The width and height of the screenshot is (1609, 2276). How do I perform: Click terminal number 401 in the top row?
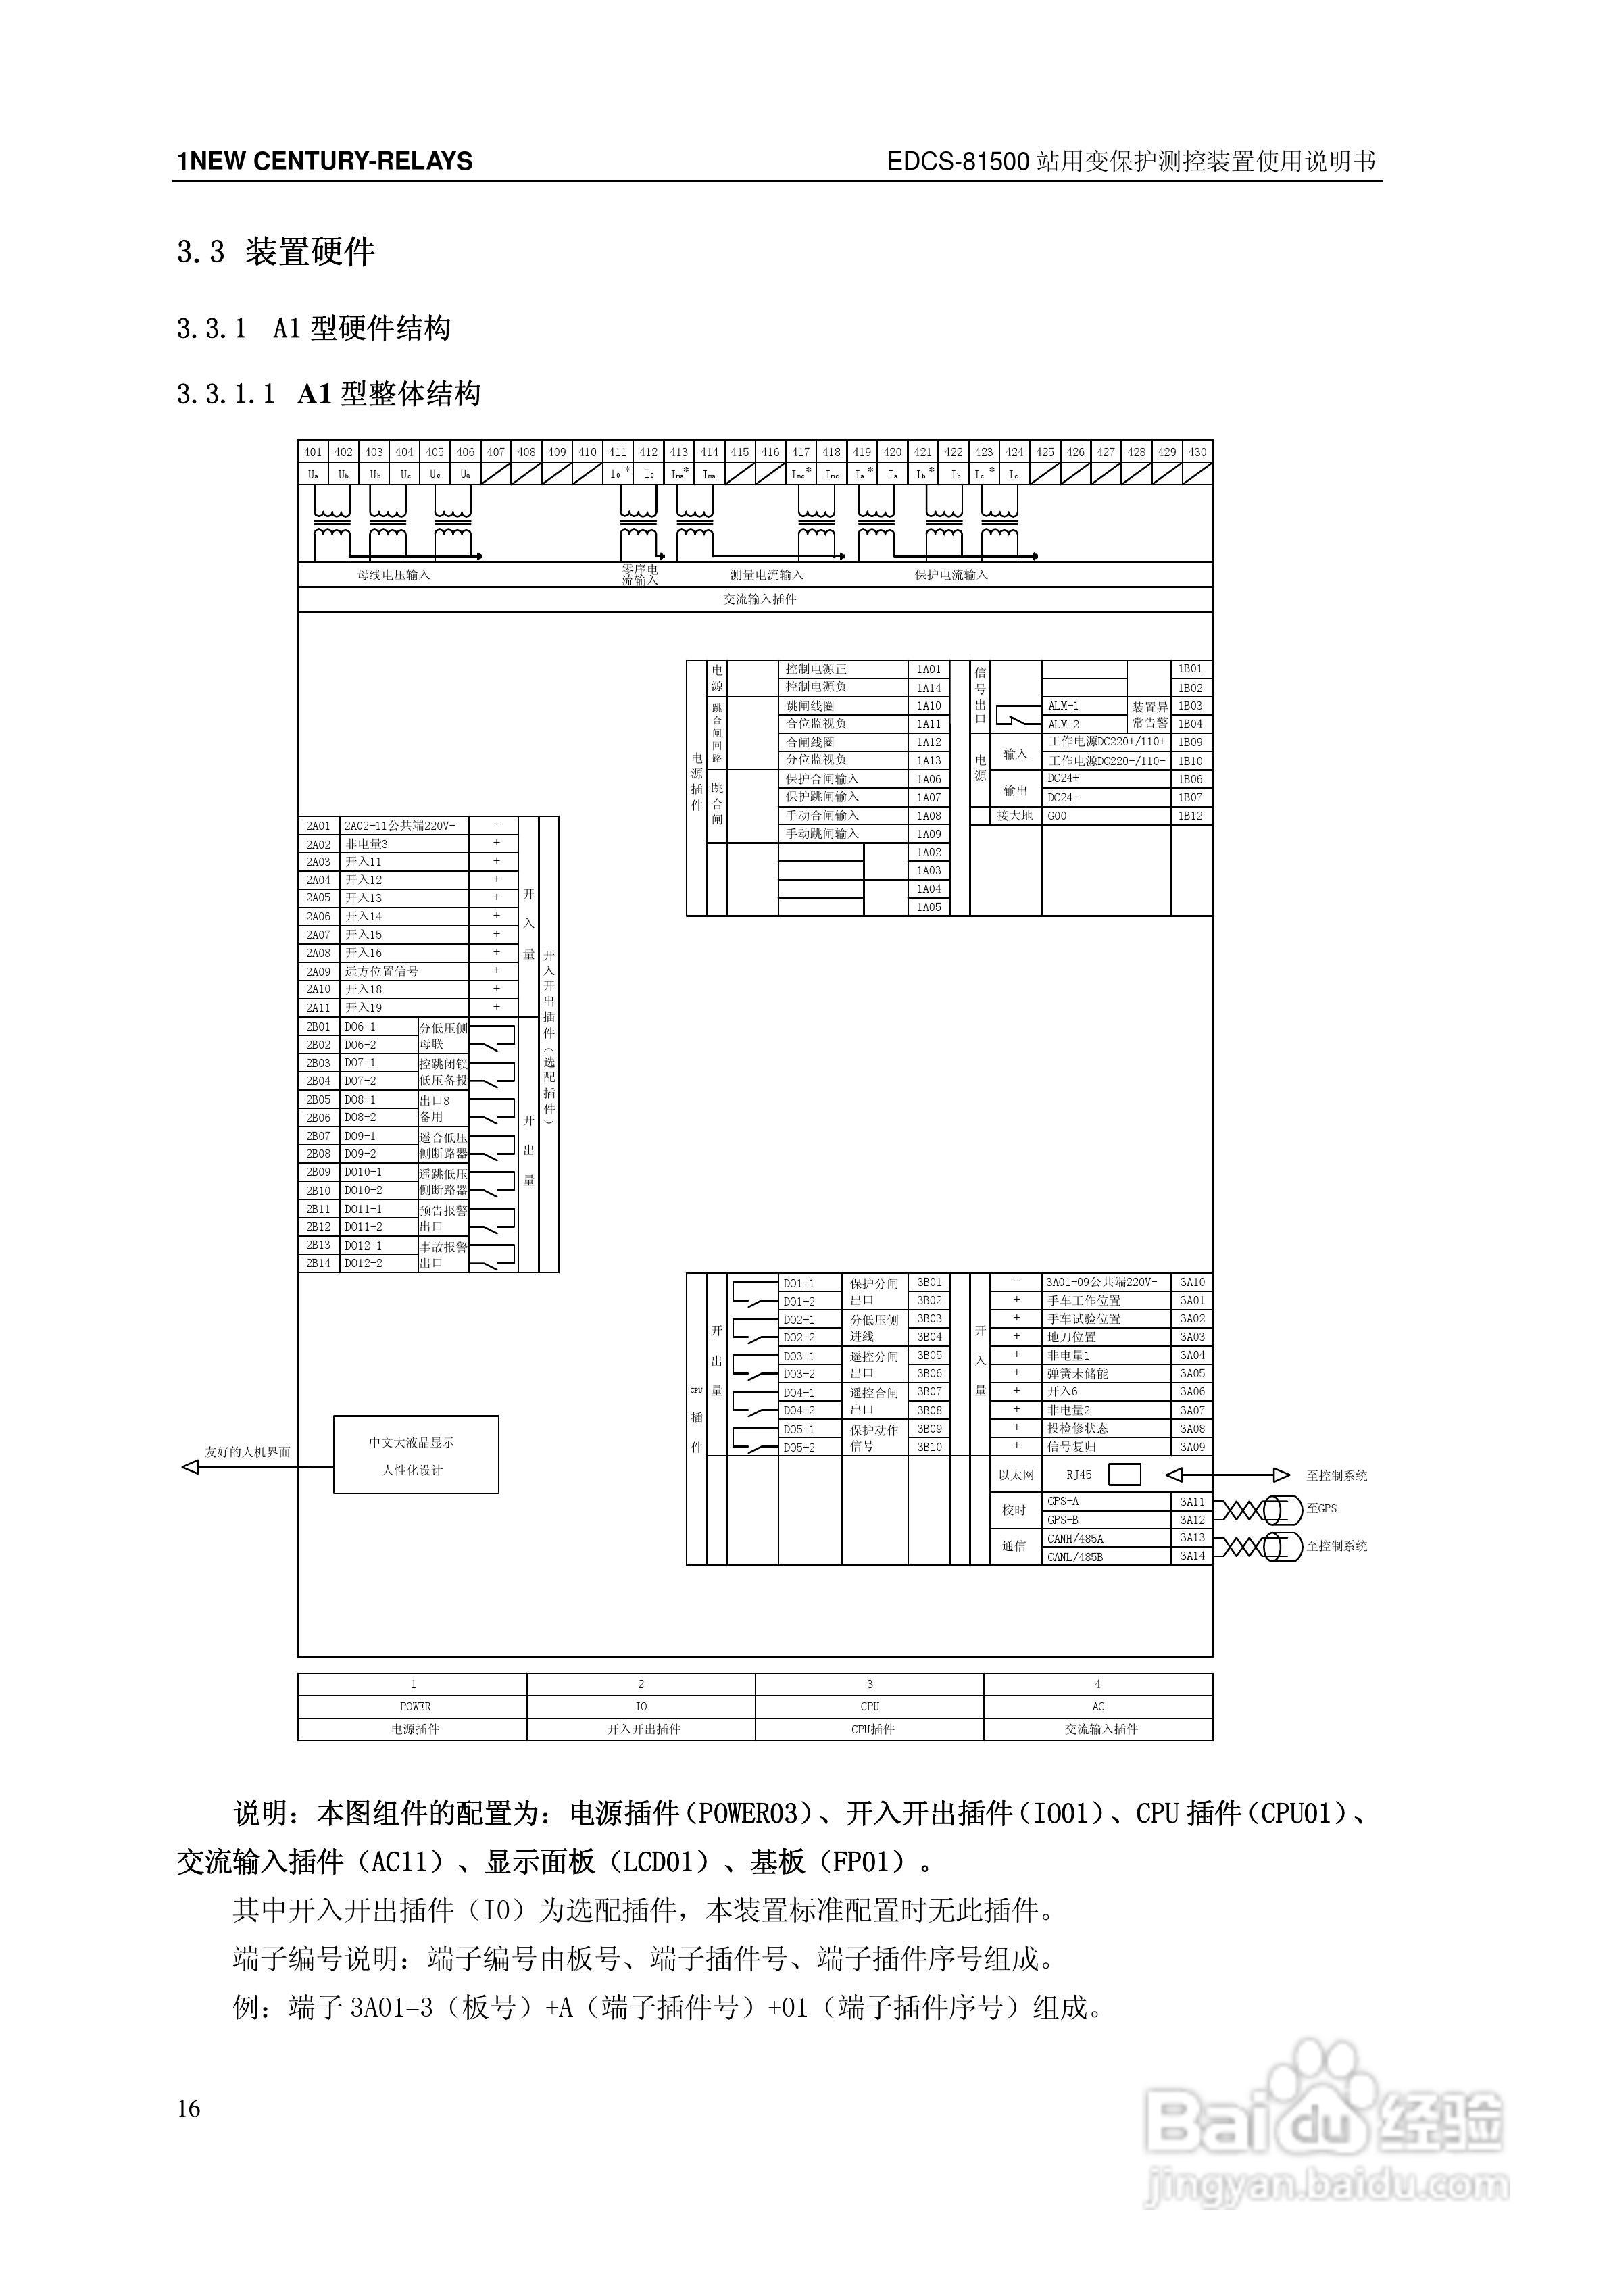pos(314,452)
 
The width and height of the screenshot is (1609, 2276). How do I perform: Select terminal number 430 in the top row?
pos(1197,452)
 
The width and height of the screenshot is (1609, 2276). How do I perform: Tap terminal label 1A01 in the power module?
pos(929,669)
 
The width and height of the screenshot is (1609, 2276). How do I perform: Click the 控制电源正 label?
pos(816,669)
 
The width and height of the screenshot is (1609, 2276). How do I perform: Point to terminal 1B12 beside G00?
pos(1191,816)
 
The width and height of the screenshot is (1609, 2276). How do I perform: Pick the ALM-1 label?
pos(1064,706)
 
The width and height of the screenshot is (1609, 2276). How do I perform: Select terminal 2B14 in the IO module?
pos(318,1263)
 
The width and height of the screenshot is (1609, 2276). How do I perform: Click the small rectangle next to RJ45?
pos(1124,1475)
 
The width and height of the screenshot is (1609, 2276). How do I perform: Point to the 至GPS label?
pos(1322,1509)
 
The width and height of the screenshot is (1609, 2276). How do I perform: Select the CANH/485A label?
pos(1076,1539)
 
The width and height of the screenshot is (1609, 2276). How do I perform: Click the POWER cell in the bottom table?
pos(414,1706)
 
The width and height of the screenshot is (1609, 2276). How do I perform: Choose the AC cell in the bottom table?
pos(1098,1706)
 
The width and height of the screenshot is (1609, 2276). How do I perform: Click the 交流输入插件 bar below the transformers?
pos(760,599)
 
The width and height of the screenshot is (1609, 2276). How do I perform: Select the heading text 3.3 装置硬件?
pos(276,252)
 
